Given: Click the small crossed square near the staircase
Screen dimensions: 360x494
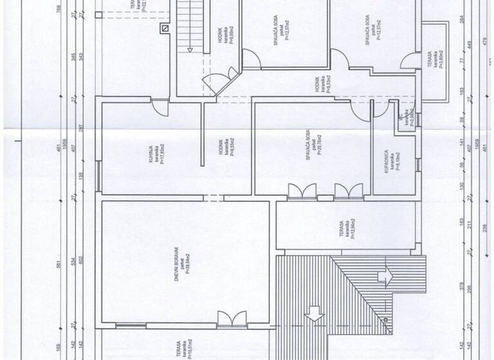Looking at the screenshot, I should point(165,28).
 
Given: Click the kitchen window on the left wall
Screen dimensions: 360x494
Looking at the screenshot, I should point(98,175).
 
